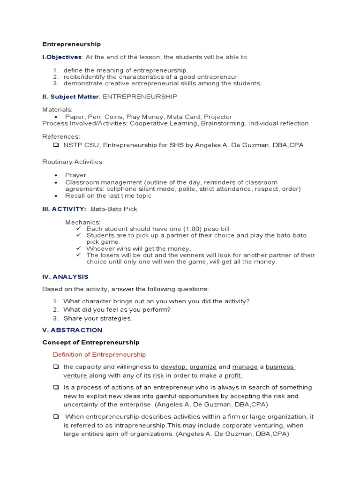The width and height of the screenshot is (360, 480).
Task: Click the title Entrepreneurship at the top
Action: [71, 44]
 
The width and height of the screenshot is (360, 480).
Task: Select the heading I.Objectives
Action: [62, 57]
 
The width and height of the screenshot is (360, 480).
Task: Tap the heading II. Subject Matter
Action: [70, 97]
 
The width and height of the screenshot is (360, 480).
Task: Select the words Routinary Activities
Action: [72, 162]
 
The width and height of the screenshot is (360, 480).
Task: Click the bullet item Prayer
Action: [75, 175]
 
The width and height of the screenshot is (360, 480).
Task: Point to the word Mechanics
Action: [83, 222]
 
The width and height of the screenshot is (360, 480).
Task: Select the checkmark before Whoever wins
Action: [79, 248]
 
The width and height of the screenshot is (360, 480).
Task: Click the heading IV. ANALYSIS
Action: [65, 277]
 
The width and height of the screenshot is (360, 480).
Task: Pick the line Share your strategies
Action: [98, 318]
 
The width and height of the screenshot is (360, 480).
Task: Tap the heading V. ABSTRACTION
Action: [72, 330]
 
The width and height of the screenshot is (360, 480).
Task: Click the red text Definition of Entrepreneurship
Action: [99, 354]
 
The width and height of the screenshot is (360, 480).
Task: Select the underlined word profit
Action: [233, 375]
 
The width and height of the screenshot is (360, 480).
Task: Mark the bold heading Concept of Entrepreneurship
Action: [91, 343]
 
